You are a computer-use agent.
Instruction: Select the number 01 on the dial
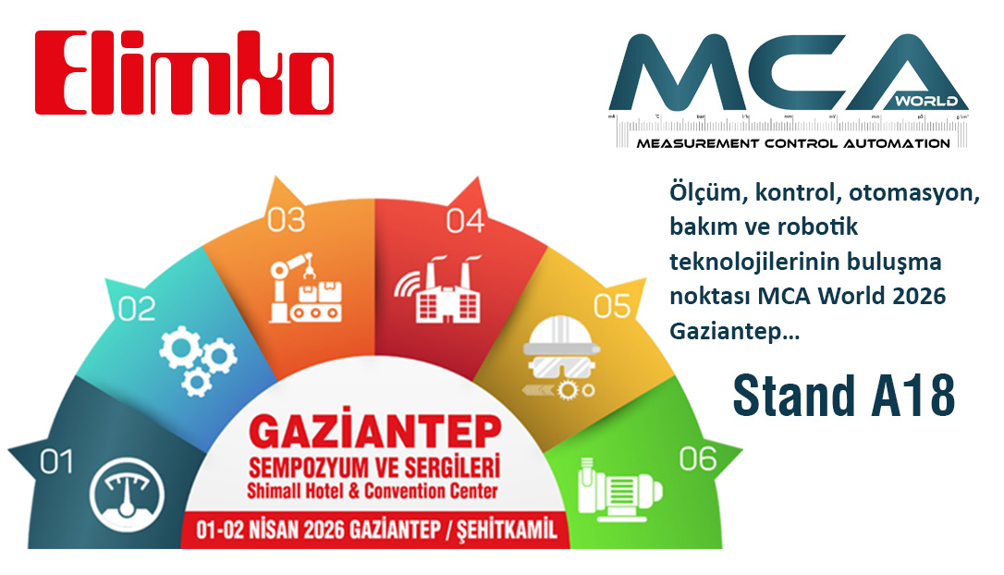56,461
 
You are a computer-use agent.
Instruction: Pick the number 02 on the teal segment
137,310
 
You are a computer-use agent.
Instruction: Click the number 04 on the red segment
465,221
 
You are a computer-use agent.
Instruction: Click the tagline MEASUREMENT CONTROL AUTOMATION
792,143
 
